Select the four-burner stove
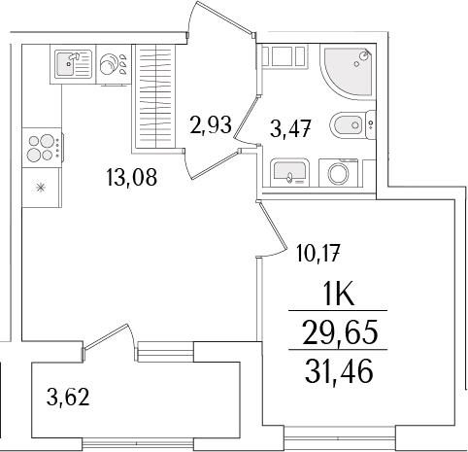(x=42, y=149)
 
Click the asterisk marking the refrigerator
(x=41, y=187)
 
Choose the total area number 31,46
(x=336, y=369)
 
